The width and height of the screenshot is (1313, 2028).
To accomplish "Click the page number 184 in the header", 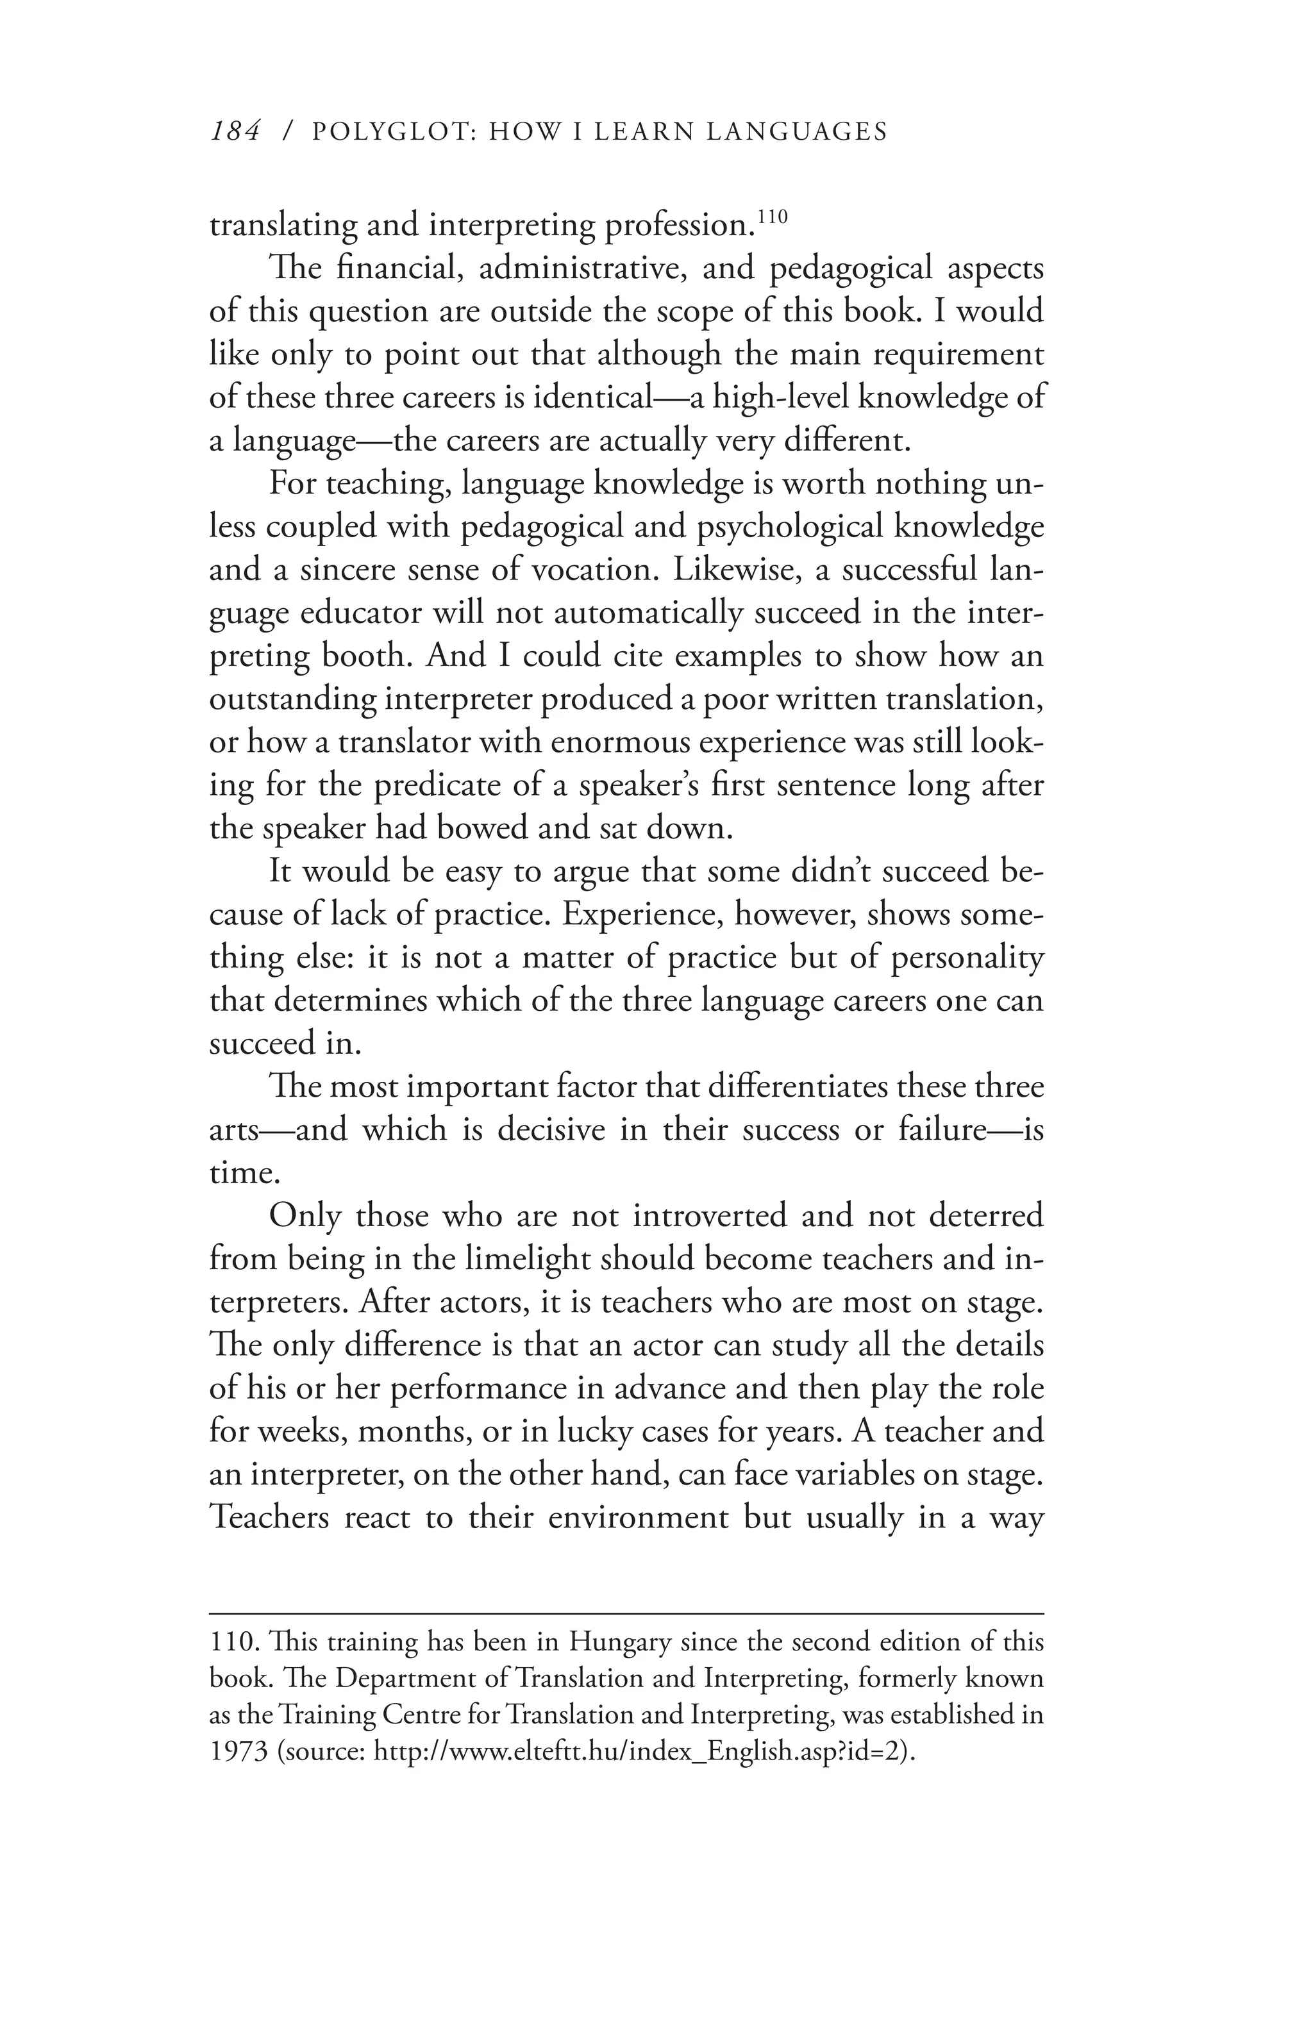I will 234,131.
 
